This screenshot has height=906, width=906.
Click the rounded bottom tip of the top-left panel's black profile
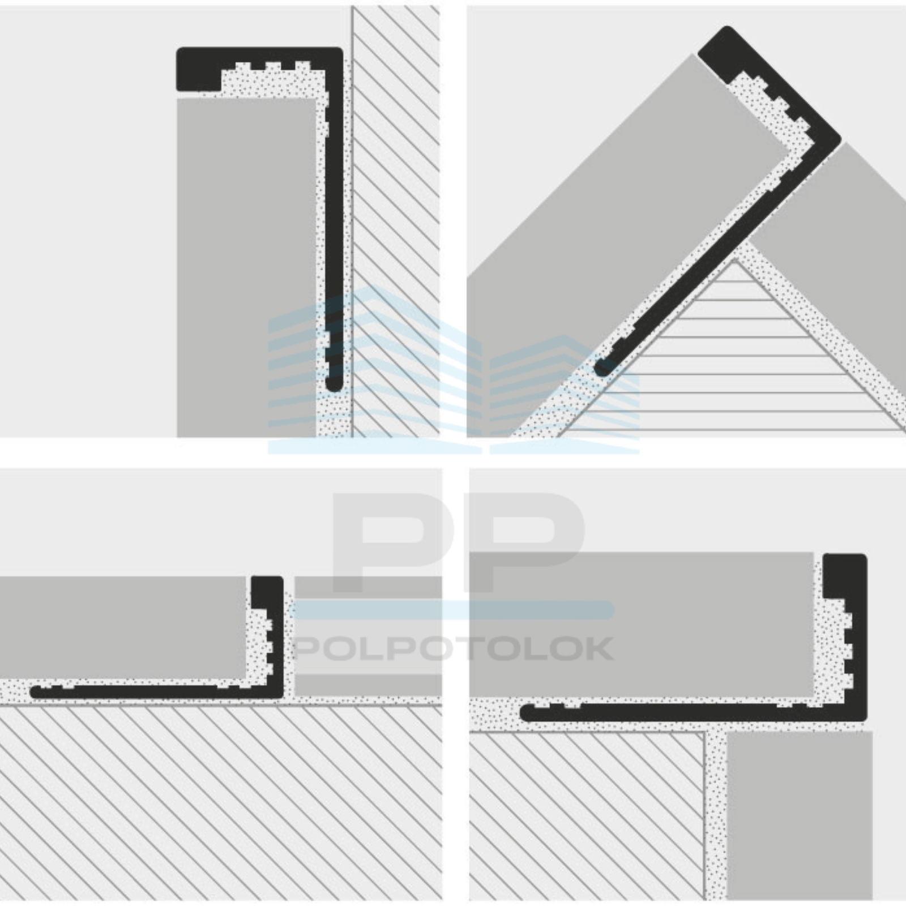(x=334, y=385)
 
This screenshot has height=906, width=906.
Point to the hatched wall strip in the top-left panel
(x=396, y=221)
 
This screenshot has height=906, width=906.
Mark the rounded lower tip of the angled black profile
(x=602, y=367)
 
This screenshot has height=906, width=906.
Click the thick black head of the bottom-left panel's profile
(x=267, y=592)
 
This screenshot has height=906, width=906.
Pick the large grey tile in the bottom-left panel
(x=123, y=627)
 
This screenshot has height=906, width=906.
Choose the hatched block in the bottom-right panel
(x=587, y=816)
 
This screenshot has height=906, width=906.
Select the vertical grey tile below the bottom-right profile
(x=800, y=816)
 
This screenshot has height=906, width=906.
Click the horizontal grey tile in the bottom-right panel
(x=642, y=625)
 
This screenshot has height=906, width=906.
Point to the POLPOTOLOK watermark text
(x=453, y=649)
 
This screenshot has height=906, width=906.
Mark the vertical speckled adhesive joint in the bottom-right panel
(x=715, y=815)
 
